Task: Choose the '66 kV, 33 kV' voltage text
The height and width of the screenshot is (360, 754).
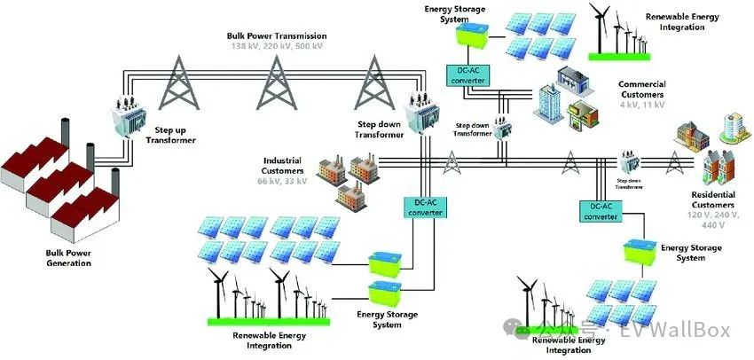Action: click(x=283, y=181)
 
